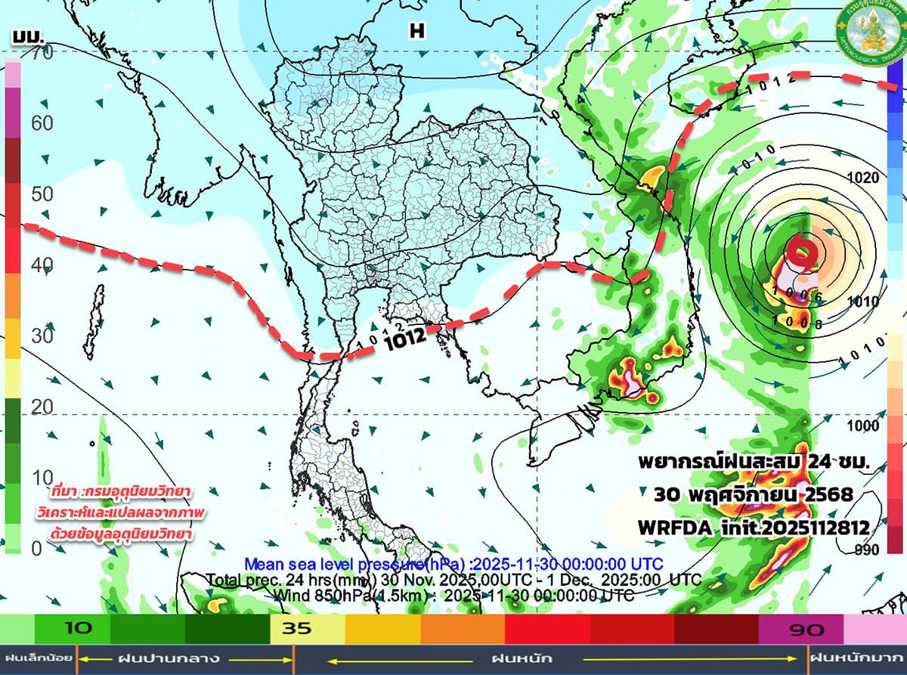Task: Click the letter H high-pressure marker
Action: pyautogui.click(x=416, y=30)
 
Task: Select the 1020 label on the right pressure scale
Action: pyautogui.click(x=863, y=178)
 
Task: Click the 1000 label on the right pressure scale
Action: pyautogui.click(x=863, y=426)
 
